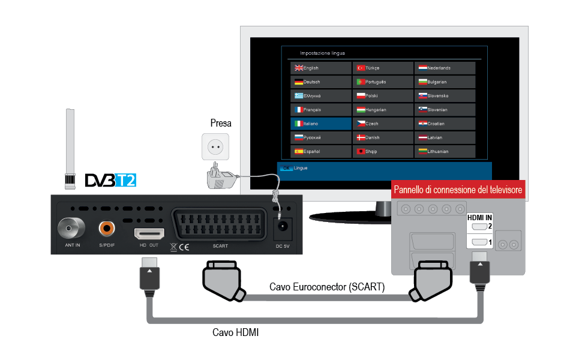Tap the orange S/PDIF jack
coord(107,228)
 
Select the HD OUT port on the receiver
coord(148,232)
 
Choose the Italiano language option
coord(320,124)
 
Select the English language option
coord(320,68)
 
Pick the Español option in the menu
coord(320,151)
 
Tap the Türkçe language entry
coord(383,68)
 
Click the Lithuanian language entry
coord(445,151)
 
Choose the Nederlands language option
coord(445,68)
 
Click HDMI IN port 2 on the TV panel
coord(479,227)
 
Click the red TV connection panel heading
coord(458,190)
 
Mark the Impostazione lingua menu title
coord(322,53)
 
